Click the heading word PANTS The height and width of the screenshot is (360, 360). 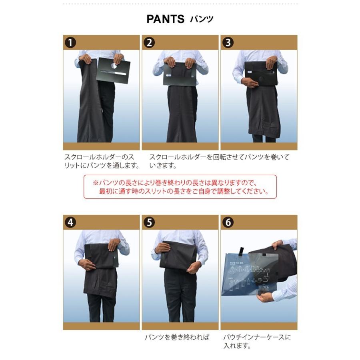[165, 19]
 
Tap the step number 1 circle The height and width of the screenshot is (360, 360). [70, 42]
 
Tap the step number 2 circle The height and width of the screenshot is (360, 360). [149, 42]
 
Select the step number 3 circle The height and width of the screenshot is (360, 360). [228, 42]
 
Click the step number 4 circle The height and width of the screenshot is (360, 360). [70, 222]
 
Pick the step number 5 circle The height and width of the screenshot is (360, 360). [149, 222]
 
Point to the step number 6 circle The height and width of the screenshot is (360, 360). [228, 222]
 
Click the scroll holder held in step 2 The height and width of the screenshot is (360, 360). [180, 73]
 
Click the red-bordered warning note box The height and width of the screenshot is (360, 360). [180, 187]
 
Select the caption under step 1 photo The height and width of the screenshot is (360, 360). [102, 161]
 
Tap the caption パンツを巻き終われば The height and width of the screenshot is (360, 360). [177, 337]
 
